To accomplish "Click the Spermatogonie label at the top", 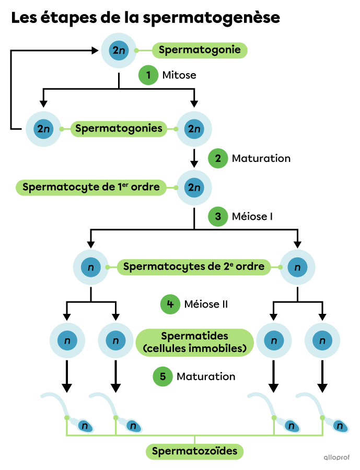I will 200,50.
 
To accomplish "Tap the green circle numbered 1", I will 148,76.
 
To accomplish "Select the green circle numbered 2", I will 218,158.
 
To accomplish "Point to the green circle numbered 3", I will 218,216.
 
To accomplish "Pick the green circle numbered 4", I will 170,304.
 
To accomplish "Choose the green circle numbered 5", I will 162,377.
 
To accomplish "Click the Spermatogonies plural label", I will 119,128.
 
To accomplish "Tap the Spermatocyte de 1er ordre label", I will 91,187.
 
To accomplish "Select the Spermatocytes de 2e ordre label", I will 194,267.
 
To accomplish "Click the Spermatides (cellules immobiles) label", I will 194,343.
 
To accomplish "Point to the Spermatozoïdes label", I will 194,451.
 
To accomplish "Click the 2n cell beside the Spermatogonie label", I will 119,51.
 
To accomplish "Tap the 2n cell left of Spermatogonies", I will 43,128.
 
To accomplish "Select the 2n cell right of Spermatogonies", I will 194,128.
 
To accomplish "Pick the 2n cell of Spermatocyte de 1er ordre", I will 194,187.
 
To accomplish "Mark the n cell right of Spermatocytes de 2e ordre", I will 297,267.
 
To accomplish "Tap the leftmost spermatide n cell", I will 67,341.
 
